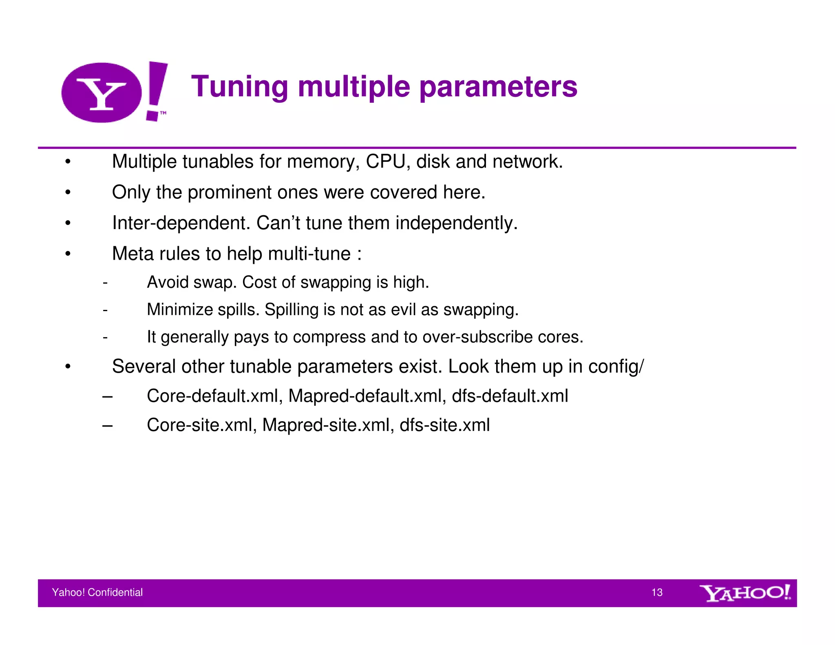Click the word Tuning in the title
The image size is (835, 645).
[x=240, y=87]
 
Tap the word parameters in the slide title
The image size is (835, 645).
[x=498, y=87]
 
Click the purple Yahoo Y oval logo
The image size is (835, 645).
[x=102, y=93]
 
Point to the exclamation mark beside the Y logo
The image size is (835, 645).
[x=156, y=91]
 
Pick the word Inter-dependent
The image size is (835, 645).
[x=181, y=223]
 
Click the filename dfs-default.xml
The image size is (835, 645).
[x=510, y=396]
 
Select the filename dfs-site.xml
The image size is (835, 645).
[x=444, y=425]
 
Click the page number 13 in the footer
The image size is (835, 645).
[x=657, y=592]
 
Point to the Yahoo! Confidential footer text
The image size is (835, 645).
[x=97, y=592]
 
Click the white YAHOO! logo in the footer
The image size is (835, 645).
[x=745, y=593]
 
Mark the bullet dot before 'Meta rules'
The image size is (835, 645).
[x=68, y=254]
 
